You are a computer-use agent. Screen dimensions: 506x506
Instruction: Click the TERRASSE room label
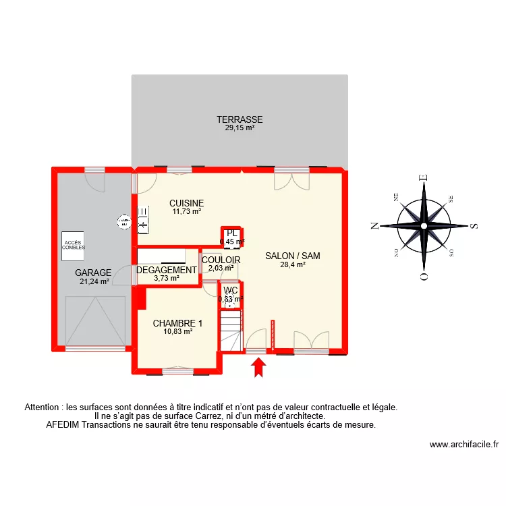click(x=240, y=119)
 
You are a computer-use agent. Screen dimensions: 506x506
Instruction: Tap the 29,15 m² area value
click(x=240, y=128)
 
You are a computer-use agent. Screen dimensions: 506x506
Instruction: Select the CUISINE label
click(x=186, y=203)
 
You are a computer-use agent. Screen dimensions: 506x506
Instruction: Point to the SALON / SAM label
click(x=292, y=256)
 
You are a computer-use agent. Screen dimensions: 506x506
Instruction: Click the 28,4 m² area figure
click(x=293, y=264)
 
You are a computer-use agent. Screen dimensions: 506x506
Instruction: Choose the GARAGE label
click(x=93, y=273)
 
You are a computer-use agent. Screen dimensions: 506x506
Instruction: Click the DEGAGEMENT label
click(x=166, y=270)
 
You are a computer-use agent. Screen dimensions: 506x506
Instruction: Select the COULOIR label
click(x=221, y=259)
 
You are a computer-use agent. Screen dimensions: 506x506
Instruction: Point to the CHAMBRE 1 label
click(x=177, y=323)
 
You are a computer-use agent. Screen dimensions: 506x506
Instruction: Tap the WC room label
click(x=231, y=291)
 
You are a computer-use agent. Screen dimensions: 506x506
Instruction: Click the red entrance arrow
click(x=258, y=368)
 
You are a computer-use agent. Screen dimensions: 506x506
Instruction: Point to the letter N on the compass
click(x=374, y=227)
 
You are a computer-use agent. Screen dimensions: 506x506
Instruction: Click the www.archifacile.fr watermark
click(x=463, y=445)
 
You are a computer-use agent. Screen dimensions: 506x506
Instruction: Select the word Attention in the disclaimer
click(x=41, y=407)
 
